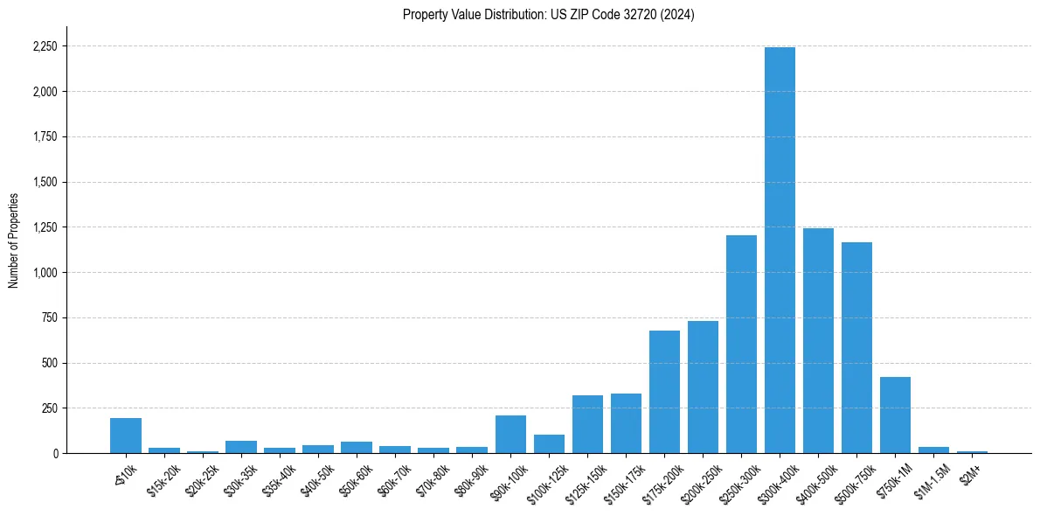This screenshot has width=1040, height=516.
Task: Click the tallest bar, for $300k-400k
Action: point(780,250)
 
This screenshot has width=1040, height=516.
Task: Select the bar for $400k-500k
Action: point(818,341)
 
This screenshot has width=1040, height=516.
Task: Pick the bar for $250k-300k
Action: point(741,345)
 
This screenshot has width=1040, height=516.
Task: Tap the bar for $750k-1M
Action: point(895,415)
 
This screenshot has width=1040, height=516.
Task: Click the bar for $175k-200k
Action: point(664,392)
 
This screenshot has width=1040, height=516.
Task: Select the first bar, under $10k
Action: point(126,436)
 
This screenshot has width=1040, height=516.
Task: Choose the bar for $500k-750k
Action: point(856,348)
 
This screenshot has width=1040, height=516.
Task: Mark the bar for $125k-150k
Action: point(587,424)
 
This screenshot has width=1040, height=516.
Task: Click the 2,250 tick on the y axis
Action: point(45,46)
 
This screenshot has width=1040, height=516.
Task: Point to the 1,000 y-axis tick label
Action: point(45,273)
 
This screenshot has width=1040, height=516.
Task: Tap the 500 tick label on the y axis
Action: point(50,363)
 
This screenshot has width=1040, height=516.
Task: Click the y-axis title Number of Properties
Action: point(13,240)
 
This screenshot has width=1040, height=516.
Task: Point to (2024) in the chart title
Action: point(677,15)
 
